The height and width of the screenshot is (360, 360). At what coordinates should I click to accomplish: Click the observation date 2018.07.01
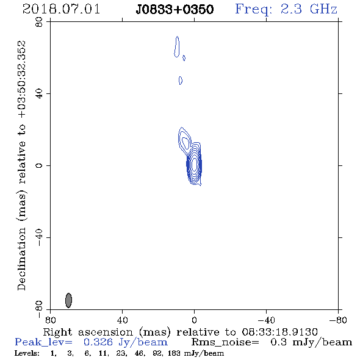61,9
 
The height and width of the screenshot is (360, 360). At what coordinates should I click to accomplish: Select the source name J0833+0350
175,9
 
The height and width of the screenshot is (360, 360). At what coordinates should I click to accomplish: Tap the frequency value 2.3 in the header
291,9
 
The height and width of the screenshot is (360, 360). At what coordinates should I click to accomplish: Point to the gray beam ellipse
68,300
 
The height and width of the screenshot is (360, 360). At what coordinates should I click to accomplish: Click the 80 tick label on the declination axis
40,22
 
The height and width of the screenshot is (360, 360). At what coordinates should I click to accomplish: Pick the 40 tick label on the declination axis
40,94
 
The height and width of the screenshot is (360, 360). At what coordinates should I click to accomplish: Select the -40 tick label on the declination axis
40,237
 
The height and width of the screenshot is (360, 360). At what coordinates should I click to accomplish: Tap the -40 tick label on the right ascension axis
266,320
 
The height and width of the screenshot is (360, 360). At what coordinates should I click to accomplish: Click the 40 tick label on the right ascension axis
122,320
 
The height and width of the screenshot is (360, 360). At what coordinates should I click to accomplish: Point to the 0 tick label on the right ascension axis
194,320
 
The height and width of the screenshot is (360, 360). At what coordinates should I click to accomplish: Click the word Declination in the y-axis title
21,259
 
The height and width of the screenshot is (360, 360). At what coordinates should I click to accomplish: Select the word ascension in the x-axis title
106,332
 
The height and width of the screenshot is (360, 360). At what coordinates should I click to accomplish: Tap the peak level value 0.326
98,342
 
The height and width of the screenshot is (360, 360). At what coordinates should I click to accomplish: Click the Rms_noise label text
225,342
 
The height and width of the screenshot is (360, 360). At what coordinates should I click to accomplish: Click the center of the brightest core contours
195,164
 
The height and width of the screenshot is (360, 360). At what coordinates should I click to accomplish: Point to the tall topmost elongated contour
177,46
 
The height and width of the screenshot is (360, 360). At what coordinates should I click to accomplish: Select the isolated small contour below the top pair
181,81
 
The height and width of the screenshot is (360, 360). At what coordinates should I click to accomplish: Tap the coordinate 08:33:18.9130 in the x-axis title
279,332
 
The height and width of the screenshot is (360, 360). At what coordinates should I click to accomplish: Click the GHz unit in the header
323,9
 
